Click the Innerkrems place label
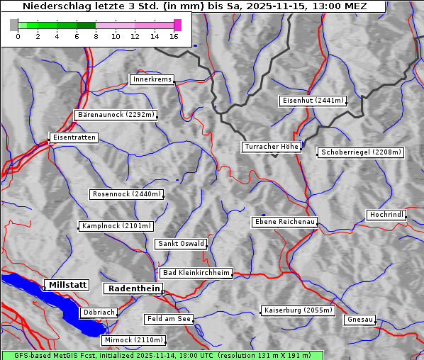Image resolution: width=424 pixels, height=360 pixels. [x=152, y=80]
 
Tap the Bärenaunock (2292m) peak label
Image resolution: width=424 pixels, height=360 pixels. [x=115, y=115]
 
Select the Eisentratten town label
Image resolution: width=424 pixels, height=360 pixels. [x=73, y=137]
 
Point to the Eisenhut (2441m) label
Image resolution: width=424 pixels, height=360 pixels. [x=313, y=101]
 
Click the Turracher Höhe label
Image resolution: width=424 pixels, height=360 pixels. [x=272, y=147]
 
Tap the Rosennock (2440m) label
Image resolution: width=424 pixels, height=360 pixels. [x=128, y=194]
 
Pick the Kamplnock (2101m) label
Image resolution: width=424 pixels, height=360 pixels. [x=116, y=226]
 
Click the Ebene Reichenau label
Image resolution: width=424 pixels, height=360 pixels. [x=285, y=222]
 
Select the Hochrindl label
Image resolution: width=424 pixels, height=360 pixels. [x=387, y=215]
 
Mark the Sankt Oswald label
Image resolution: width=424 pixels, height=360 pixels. [x=181, y=244]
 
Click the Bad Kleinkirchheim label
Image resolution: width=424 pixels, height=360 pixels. [x=196, y=273]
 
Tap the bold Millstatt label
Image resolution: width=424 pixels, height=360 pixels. [x=67, y=285]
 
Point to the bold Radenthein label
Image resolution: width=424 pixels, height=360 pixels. [x=133, y=288]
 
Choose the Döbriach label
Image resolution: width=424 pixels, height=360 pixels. [x=99, y=312]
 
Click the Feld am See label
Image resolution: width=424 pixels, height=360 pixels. [x=169, y=319]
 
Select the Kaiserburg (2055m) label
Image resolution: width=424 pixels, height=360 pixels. [x=298, y=310]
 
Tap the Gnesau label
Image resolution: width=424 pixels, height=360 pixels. [x=360, y=320]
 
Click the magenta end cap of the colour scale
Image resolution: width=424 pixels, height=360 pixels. [x=177, y=25]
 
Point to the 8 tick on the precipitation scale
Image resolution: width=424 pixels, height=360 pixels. [x=96, y=35]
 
